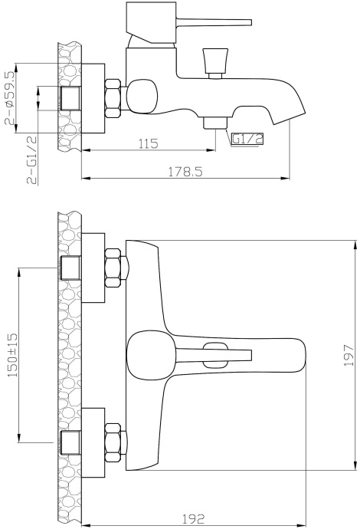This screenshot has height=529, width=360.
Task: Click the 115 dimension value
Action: click(149, 143)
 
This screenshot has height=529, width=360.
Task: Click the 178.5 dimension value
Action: click(185, 172)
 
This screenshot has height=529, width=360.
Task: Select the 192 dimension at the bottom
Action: click(193, 518)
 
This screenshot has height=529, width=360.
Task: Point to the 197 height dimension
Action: click(349, 355)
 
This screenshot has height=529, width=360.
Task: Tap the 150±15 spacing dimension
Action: click(12, 355)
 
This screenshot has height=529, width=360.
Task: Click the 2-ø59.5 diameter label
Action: click(10, 98)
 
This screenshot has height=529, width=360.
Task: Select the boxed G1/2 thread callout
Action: click(247, 139)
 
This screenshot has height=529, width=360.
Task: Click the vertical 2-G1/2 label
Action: click(32, 160)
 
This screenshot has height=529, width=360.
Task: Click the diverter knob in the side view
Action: click(215, 63)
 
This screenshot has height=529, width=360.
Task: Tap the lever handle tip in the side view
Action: click(250, 22)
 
